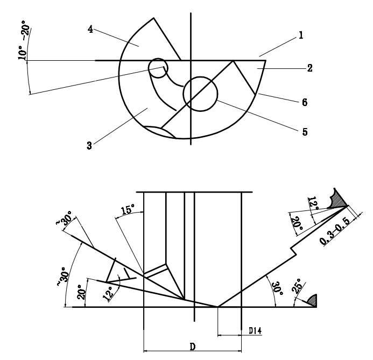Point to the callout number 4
(x=91, y=29)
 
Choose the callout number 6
(x=305, y=102)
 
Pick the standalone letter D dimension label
(x=192, y=347)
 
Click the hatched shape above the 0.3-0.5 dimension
(x=339, y=200)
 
